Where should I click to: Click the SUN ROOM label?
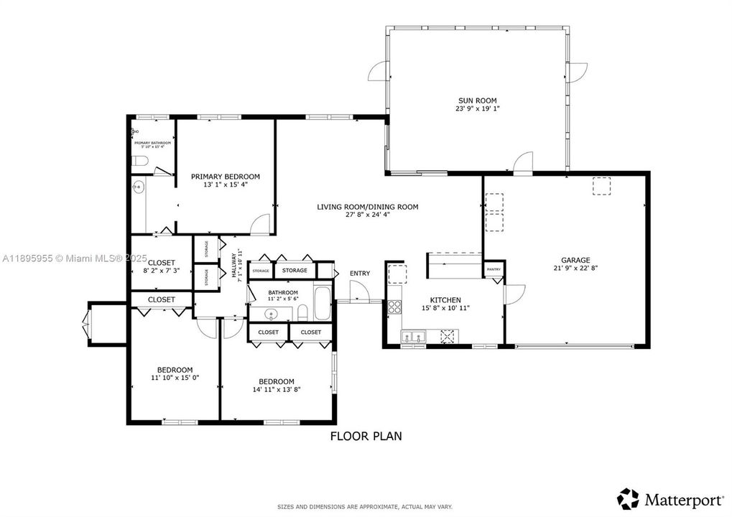coord(478,101)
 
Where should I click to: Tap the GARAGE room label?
coord(575,260)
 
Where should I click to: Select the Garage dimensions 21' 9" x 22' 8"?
coord(575,269)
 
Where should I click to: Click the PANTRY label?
coord(494,269)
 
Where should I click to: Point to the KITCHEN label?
coord(445,300)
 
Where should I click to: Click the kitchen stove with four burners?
coord(394,307)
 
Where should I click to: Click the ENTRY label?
coord(360,274)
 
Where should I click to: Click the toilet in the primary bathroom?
coord(141,161)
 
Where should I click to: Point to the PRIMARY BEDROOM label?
coord(225,176)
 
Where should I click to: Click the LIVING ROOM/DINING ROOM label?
coord(367,207)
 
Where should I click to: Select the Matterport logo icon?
coord(628,498)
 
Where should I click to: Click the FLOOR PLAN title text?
coord(366,435)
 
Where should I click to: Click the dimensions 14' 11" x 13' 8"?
coord(277,390)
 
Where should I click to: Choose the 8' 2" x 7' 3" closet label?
coord(162,271)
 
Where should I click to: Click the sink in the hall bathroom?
coord(272,314)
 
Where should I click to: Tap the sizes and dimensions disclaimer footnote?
coord(366,507)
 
